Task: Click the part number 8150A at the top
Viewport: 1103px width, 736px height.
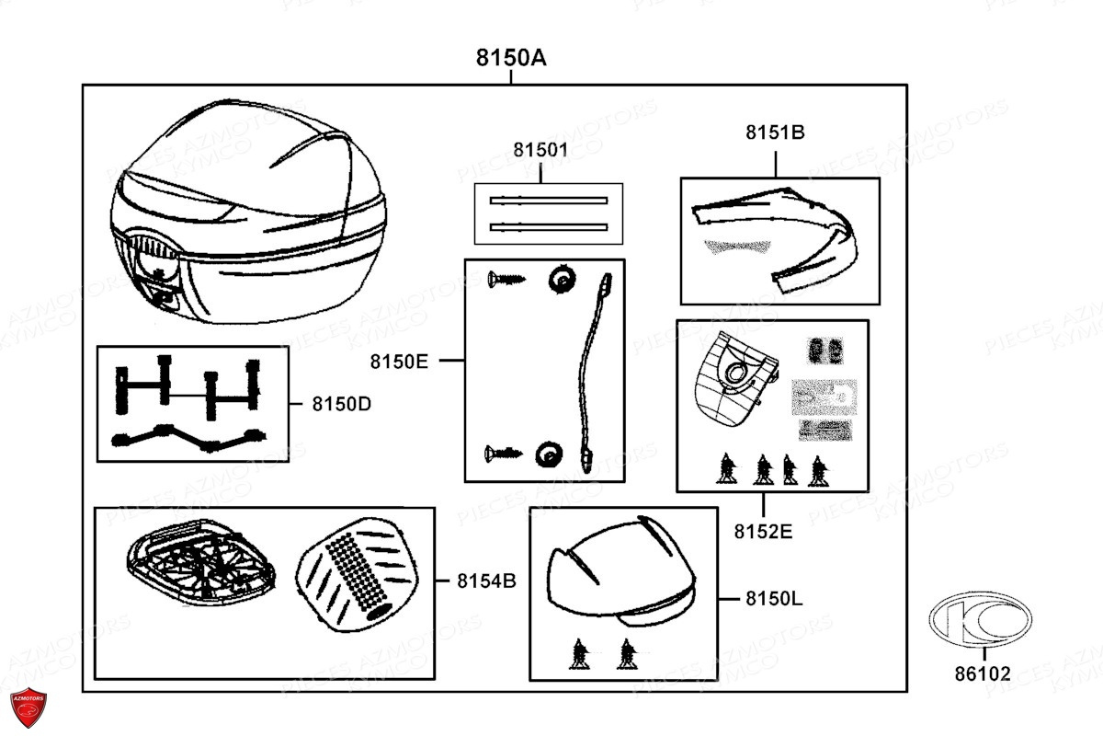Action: point(511,58)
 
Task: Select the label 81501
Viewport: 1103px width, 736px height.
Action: point(540,150)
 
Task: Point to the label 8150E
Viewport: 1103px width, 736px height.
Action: point(400,362)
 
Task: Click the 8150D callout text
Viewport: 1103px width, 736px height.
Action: point(341,403)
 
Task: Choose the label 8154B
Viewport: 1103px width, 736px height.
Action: point(486,581)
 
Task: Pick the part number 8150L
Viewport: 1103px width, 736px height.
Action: point(774,599)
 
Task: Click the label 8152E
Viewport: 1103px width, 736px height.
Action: point(762,531)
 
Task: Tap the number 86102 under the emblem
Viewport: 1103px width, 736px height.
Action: point(982,674)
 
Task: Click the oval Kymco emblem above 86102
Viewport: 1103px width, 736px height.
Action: point(981,621)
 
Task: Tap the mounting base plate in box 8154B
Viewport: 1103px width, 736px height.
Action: point(199,565)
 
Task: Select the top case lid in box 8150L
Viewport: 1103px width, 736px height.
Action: point(620,570)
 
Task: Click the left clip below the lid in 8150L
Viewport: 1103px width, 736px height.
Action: point(579,653)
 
